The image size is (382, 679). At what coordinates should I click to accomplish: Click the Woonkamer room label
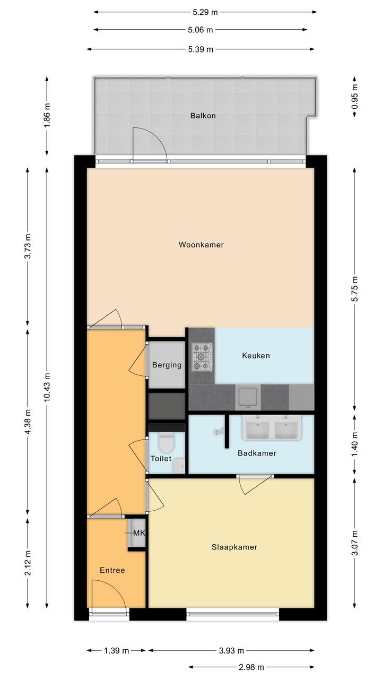tap(201, 245)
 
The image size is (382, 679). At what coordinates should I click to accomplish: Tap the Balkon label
tap(203, 116)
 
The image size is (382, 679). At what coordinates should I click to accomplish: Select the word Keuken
tap(256, 355)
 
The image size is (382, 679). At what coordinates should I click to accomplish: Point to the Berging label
tap(167, 365)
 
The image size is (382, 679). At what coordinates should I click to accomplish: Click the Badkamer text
tap(257, 453)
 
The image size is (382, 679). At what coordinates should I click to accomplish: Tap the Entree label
tap(112, 570)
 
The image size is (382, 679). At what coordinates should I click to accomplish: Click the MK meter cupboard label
tap(139, 532)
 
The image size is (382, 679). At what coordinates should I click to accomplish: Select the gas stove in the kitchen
tap(202, 357)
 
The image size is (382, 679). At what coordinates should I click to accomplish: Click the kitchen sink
tap(248, 397)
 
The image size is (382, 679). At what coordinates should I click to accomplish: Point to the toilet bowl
tap(166, 442)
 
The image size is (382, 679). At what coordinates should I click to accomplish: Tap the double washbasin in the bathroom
tap(272, 427)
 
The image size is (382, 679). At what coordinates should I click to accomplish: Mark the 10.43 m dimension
tap(47, 388)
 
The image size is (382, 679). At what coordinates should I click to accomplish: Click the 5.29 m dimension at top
tap(205, 12)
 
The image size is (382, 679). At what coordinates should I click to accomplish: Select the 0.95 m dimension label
tap(354, 97)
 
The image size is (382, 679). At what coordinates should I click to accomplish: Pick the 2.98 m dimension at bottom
tap(251, 667)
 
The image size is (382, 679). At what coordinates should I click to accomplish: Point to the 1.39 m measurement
tap(117, 650)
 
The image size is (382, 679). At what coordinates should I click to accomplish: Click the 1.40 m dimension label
tap(354, 444)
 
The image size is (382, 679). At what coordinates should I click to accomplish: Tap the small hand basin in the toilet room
tap(179, 465)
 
